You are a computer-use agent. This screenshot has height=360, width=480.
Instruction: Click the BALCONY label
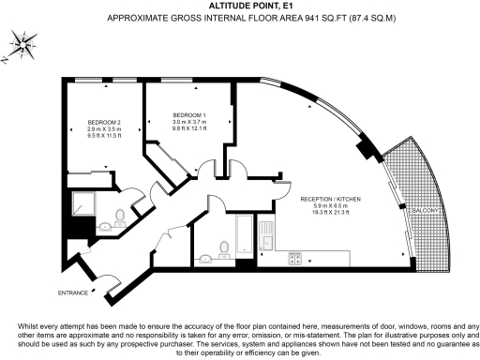click(x=421, y=213)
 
